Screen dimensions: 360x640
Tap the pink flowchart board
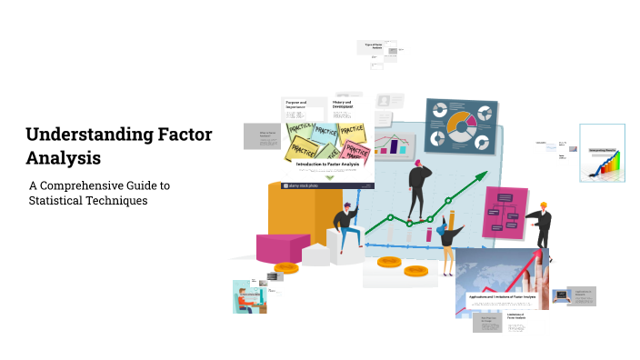coord(505,213)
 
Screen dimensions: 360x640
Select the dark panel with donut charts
coord(461,126)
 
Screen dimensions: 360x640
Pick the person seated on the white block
coord(345,226)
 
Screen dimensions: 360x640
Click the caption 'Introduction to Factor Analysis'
coord(327,164)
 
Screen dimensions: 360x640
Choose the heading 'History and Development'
coord(346,105)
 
